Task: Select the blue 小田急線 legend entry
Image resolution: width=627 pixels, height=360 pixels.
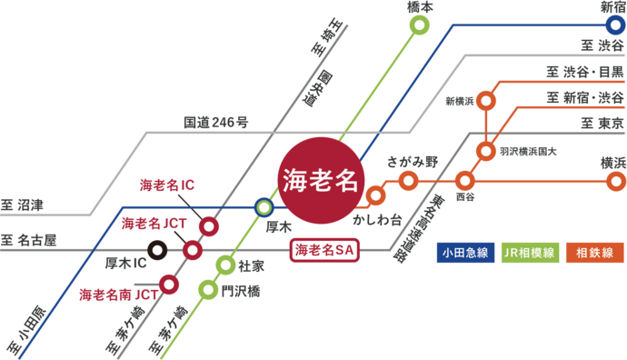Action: point(464,252)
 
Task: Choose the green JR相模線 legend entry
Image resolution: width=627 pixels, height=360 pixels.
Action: point(529,252)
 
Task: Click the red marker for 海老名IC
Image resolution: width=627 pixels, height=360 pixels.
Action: point(209,226)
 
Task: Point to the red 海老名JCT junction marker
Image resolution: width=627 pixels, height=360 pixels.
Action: point(193,250)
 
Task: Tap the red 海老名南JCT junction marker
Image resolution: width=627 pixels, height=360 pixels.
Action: point(169,285)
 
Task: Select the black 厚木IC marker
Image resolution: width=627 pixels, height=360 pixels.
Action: point(157,248)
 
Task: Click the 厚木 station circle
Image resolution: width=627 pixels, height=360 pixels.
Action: point(264,207)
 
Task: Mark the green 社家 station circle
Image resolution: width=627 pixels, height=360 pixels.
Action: point(225,265)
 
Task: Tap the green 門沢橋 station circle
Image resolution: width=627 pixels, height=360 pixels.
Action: point(208,290)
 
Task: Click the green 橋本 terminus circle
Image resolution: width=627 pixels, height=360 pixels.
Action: point(419,25)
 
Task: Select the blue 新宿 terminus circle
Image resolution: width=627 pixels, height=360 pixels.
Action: point(614,25)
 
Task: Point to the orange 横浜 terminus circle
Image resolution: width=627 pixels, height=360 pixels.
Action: point(615,181)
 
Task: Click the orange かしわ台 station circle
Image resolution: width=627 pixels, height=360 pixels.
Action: point(375,195)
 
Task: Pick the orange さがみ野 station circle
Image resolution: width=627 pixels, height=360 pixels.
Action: point(408,181)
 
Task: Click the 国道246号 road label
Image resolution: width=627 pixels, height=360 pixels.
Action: point(216,120)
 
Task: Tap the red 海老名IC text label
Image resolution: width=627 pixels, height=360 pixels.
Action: point(166,185)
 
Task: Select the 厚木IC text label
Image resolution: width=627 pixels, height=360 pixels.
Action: point(126,264)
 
